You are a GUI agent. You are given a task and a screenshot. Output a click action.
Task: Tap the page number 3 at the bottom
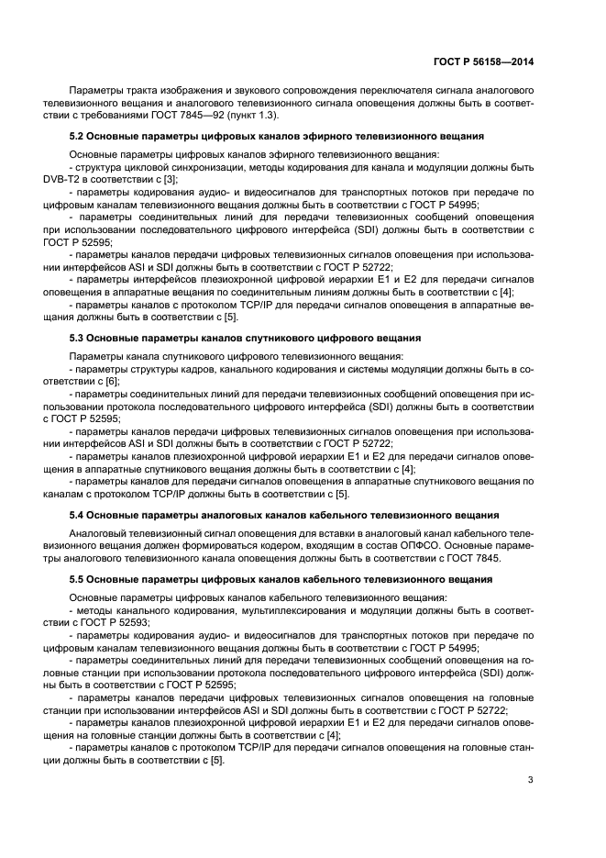click(530, 781)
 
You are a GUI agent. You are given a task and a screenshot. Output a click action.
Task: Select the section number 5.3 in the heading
click(78, 338)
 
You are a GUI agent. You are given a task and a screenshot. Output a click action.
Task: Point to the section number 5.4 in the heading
click(78, 515)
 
